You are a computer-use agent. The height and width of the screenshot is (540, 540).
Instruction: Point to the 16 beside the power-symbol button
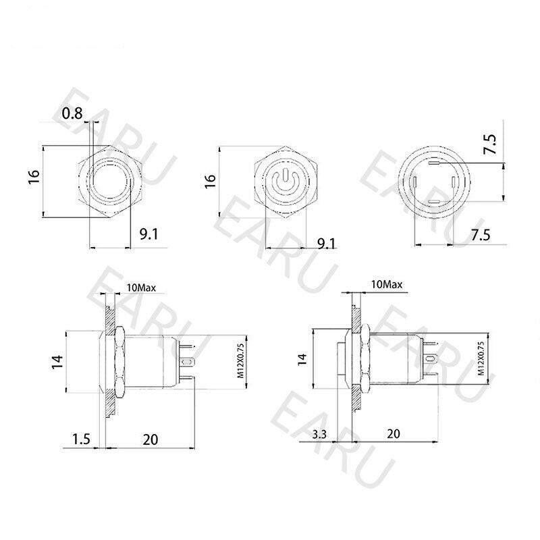[x=210, y=180]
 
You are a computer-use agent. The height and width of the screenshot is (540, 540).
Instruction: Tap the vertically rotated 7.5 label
[x=490, y=145]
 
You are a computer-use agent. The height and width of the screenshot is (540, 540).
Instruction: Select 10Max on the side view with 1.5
[x=140, y=288]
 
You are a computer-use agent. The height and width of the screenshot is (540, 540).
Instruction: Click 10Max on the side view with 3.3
[x=387, y=285]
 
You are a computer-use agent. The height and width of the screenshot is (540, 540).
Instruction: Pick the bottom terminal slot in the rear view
[x=435, y=202]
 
